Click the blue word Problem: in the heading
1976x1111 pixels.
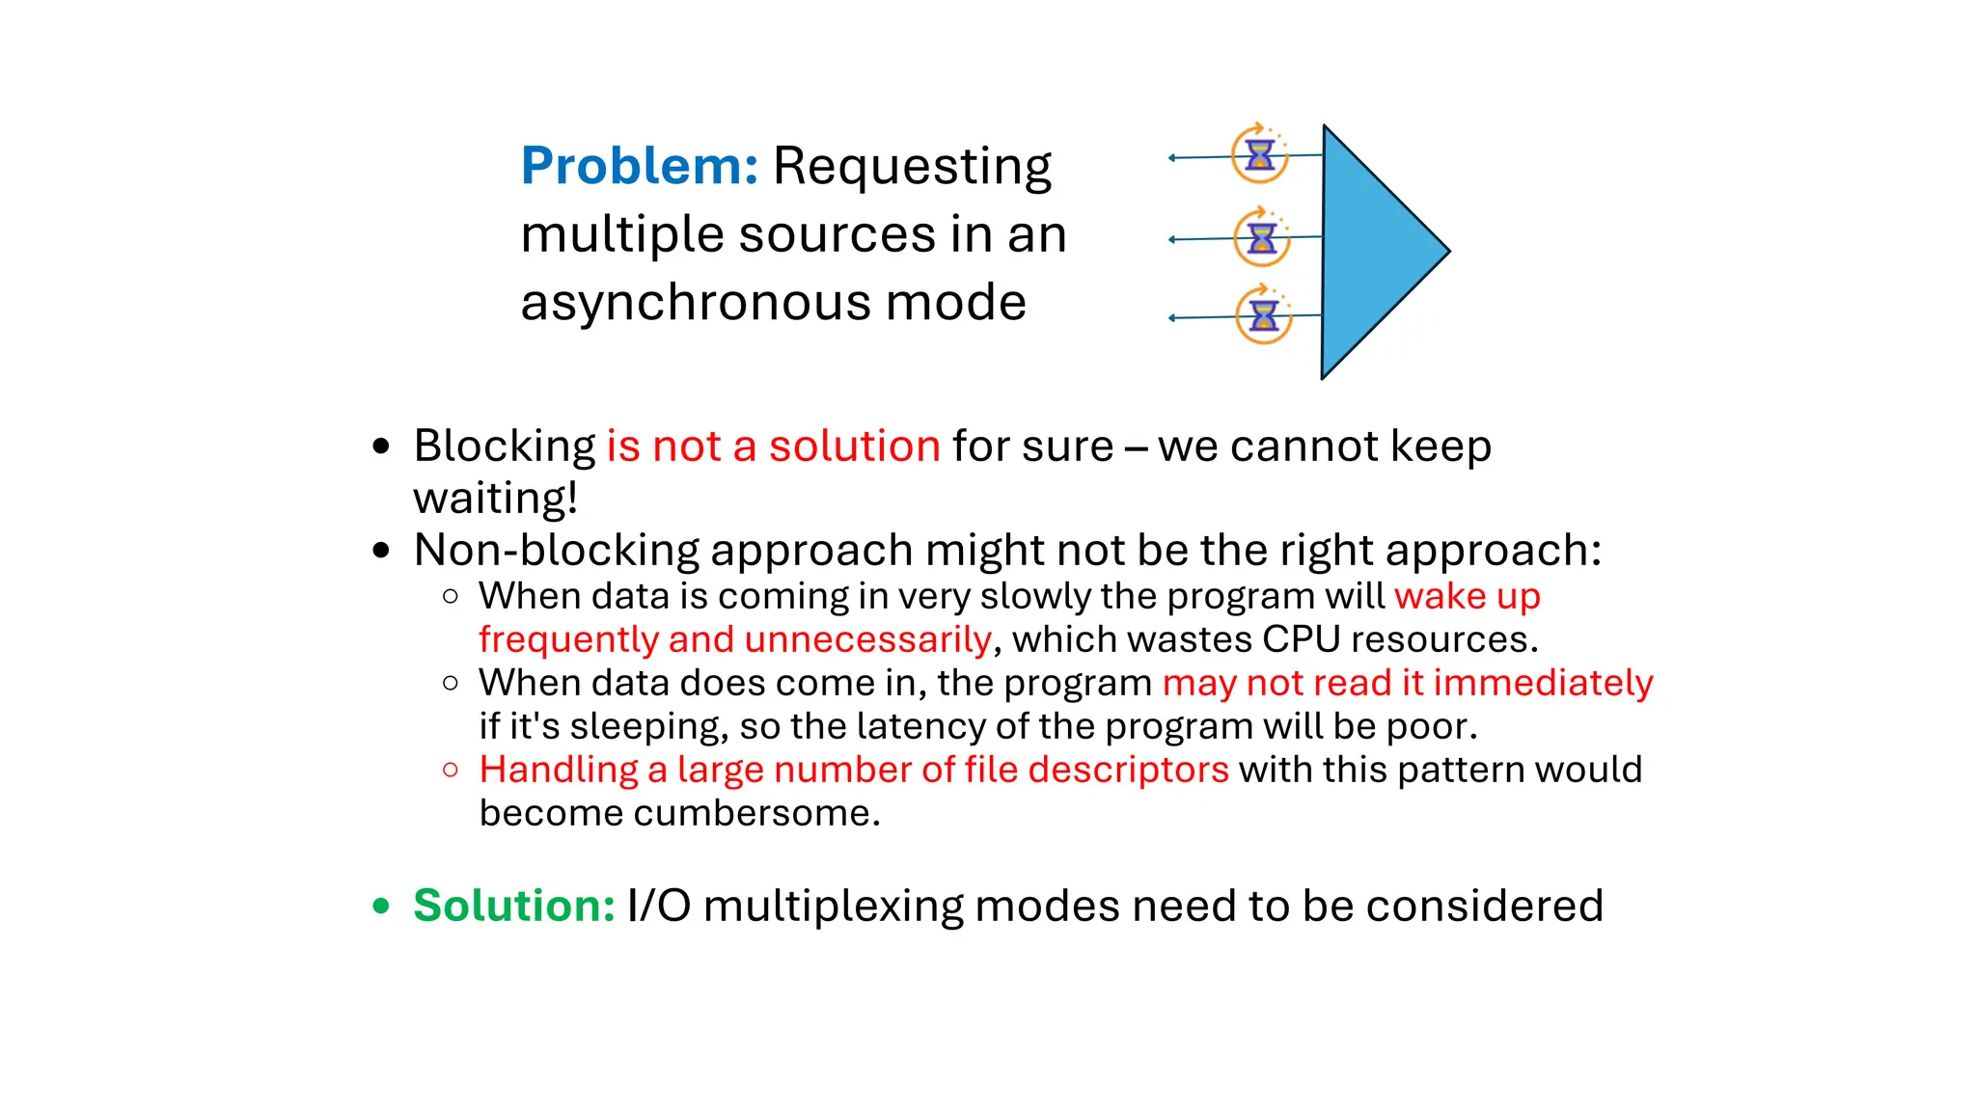tap(639, 166)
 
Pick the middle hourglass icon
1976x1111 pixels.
tap(1262, 237)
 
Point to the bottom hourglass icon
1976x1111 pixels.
tap(1264, 315)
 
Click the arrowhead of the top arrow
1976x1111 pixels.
tap(1171, 157)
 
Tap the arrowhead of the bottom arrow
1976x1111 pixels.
tap(1171, 317)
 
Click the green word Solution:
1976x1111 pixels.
tap(513, 906)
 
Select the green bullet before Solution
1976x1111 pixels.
tap(381, 906)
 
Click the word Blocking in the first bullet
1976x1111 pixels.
tap(504, 447)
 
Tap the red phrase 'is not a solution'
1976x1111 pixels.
tap(773, 447)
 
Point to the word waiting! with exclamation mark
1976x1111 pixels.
tap(495, 499)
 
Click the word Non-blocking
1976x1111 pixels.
tap(557, 551)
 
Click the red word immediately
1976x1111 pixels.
tap(1543, 683)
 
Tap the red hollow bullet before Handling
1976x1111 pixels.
tap(451, 770)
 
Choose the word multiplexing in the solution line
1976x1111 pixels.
tap(833, 907)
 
